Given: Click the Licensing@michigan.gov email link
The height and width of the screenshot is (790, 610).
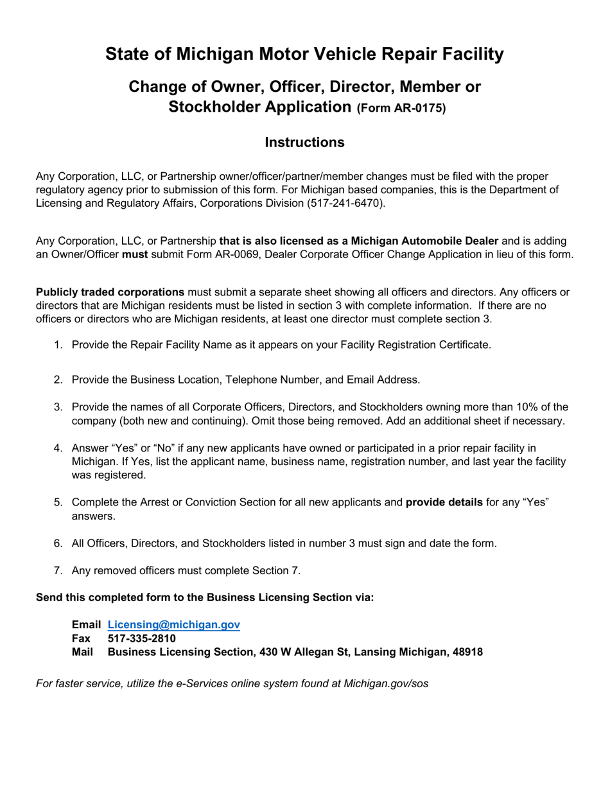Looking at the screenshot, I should [x=173, y=624].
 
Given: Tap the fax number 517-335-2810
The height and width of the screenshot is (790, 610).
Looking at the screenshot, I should [x=141, y=638].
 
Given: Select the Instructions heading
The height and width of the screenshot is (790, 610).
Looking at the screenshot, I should [x=304, y=143].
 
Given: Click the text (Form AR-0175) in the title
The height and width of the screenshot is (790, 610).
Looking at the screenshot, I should [x=401, y=109].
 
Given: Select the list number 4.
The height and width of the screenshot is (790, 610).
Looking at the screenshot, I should [x=58, y=448].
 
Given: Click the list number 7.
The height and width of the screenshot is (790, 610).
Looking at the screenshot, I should [x=58, y=570].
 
